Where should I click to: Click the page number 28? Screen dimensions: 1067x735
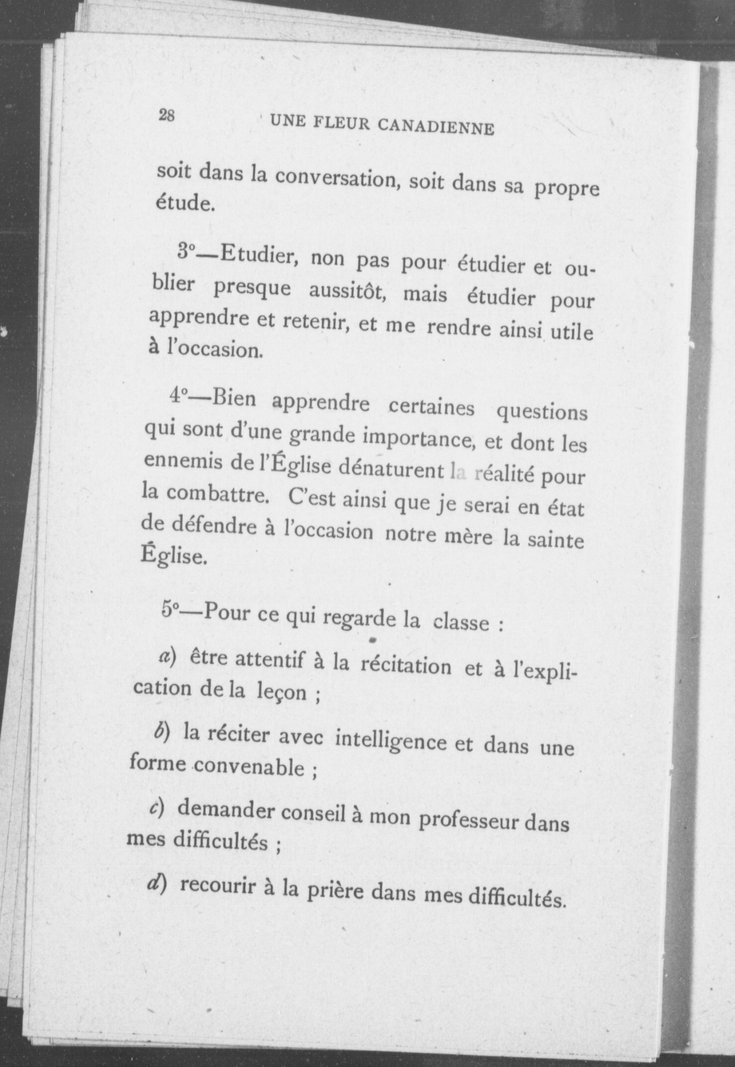[x=166, y=116]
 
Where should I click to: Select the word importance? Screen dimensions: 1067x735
[x=417, y=439]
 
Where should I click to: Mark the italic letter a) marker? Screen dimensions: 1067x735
[x=164, y=656]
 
